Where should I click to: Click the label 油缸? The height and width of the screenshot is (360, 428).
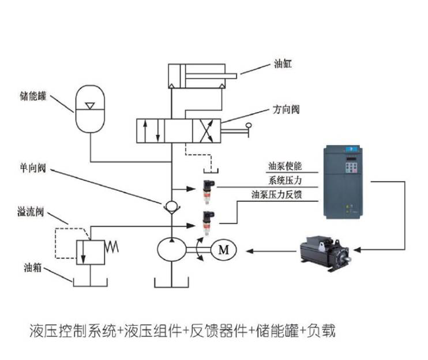click(283, 64)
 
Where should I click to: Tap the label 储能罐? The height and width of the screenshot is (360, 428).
click(33, 96)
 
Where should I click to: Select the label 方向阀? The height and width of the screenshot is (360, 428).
click(286, 110)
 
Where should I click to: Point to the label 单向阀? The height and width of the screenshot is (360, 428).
click(33, 167)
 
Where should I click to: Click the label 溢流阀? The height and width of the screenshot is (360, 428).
click(31, 212)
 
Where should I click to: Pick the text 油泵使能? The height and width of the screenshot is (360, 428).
click(285, 166)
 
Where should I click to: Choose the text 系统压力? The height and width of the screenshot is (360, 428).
click(285, 181)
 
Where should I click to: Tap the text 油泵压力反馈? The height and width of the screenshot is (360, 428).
click(276, 194)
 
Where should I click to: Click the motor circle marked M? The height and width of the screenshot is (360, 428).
click(224, 250)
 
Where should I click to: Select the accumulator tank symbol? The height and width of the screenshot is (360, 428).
click(90, 109)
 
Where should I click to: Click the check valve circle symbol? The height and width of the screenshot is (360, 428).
click(172, 208)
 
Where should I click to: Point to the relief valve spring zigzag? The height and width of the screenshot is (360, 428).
click(112, 247)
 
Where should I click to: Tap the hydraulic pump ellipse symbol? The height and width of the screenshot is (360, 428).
click(172, 250)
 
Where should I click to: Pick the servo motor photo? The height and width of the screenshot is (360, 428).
click(325, 253)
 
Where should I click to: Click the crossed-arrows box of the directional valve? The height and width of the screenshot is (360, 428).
click(207, 131)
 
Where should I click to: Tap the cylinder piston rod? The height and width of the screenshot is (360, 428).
click(211, 76)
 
